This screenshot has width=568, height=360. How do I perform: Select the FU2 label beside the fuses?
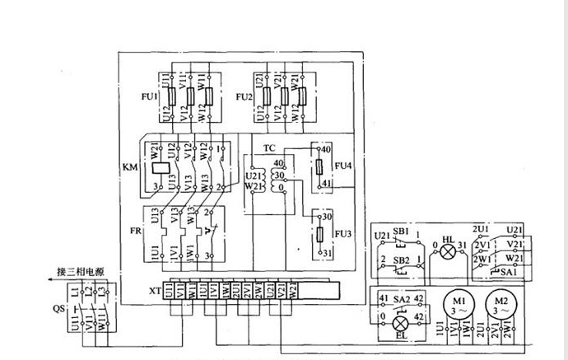coord(244,96)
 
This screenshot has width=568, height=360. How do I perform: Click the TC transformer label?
coord(269,149)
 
